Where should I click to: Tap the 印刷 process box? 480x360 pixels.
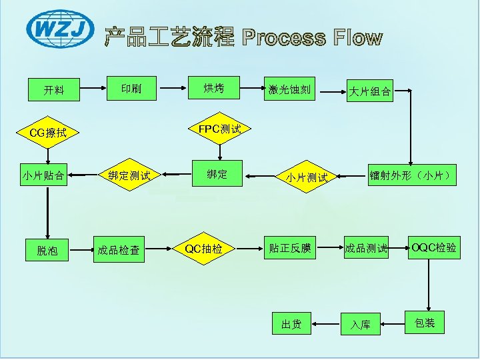[131, 87]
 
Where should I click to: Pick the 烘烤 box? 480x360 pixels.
[214, 87]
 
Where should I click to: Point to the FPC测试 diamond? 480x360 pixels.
[220, 128]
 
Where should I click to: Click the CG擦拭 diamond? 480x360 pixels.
[49, 133]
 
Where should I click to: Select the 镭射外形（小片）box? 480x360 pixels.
[413, 175]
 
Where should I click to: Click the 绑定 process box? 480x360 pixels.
[217, 174]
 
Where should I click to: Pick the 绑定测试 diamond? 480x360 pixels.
[129, 176]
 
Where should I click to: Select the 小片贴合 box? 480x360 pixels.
[43, 176]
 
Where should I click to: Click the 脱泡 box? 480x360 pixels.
[47, 250]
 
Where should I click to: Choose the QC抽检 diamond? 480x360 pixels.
[204, 249]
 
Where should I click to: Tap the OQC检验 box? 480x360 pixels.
[434, 248]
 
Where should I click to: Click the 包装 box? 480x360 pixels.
[425, 323]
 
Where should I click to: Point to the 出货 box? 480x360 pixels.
[291, 324]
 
